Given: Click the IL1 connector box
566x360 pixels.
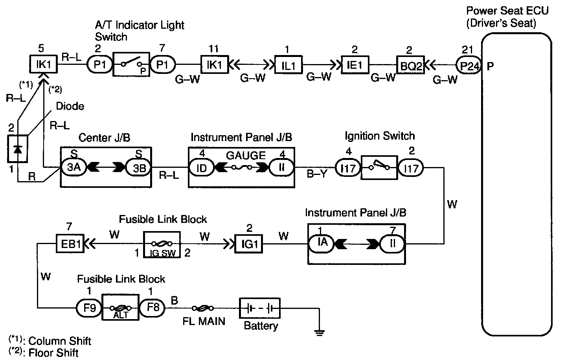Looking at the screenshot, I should (288, 65).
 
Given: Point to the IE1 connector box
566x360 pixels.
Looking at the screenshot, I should (355, 65).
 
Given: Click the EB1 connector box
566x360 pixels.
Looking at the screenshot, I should (70, 244).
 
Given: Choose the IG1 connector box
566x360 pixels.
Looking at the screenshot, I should (249, 244).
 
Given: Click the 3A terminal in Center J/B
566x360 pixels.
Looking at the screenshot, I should (74, 168).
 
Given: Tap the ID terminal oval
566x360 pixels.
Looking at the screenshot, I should (201, 168).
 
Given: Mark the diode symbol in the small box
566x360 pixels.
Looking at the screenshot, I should (18, 149).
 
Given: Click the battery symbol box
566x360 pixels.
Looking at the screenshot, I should (260, 308).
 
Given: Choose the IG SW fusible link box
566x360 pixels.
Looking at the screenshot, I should (162, 244).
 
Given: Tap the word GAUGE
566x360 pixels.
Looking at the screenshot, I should (246, 155).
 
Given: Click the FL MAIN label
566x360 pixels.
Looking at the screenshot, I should (204, 321).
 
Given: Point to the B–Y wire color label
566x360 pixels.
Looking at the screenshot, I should (317, 173).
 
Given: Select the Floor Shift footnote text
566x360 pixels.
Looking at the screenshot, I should (53, 353).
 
